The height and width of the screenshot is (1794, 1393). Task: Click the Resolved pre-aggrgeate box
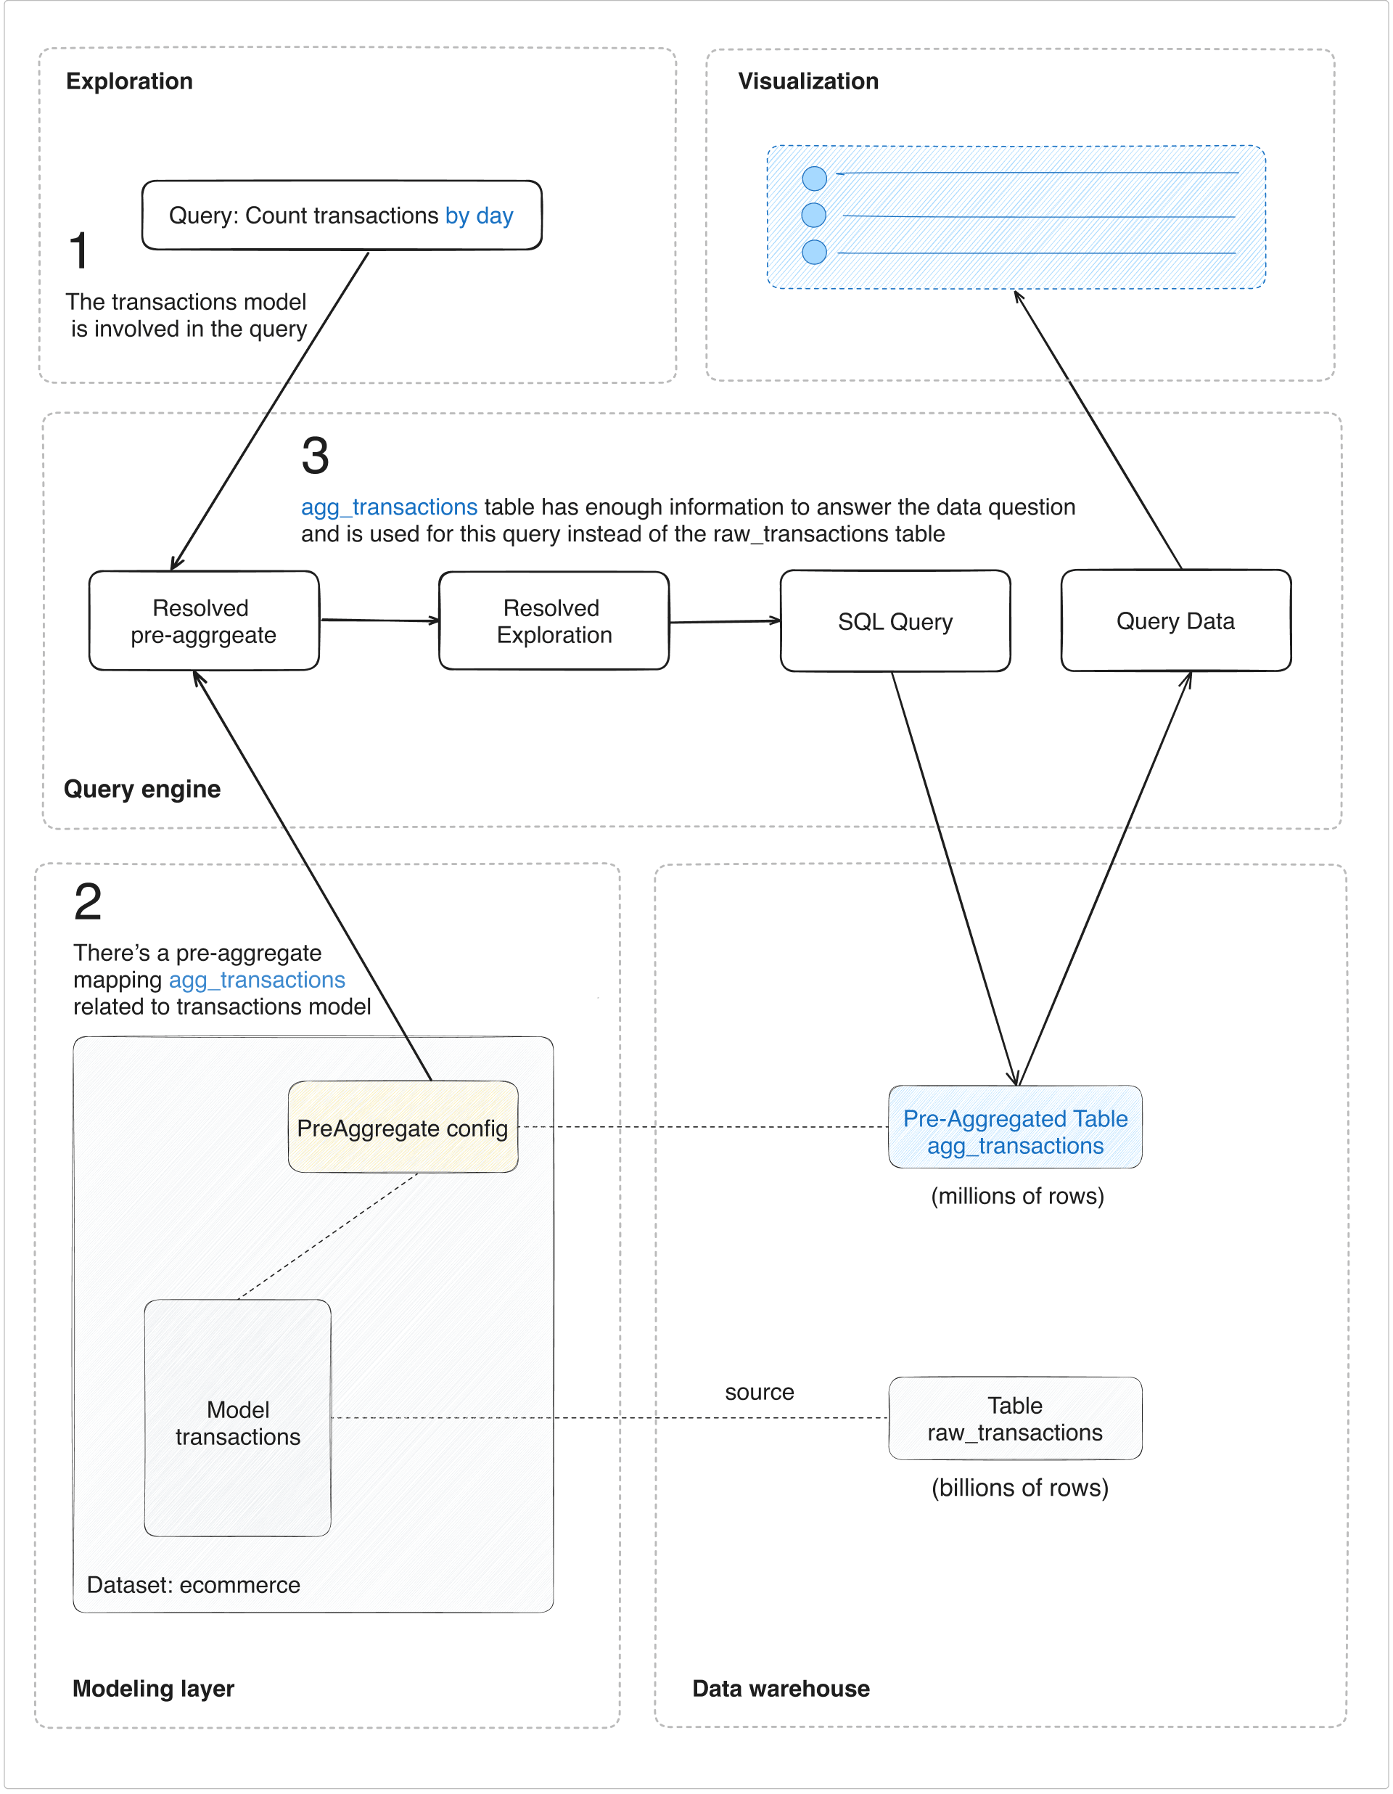(204, 621)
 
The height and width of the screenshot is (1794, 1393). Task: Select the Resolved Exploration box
(554, 621)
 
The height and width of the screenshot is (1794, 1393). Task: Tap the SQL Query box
(895, 621)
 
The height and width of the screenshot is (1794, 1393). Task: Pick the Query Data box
(1175, 621)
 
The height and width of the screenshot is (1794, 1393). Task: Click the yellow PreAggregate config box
(403, 1127)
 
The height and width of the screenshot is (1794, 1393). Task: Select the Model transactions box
(237, 1421)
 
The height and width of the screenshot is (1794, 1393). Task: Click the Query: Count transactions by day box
(341, 216)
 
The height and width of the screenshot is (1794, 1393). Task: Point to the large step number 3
(316, 456)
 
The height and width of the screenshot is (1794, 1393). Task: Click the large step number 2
(88, 902)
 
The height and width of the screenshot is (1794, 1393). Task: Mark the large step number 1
(79, 250)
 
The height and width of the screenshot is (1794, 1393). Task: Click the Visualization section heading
(808, 81)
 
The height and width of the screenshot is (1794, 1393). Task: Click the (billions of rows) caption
(1019, 1488)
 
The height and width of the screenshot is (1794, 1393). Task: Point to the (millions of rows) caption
(1017, 1196)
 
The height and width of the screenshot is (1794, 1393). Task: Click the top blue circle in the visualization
(814, 179)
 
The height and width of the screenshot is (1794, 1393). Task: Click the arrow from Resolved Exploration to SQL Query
(724, 622)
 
